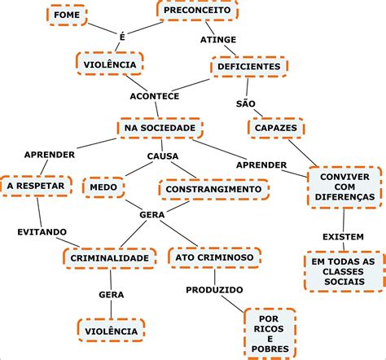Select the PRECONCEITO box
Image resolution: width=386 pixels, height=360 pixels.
coord(196,11)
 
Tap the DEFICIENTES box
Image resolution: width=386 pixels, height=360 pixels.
coord(249,67)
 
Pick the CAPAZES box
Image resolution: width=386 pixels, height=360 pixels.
coord(275,128)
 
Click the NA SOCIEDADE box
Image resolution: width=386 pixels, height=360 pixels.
coord(160,128)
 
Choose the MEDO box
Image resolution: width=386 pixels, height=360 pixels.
coord(103,187)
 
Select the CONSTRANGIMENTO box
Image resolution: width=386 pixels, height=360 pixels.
coord(214,189)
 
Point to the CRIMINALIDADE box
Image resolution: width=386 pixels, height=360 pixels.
coord(108,258)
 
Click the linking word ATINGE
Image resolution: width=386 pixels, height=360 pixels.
coord(218,39)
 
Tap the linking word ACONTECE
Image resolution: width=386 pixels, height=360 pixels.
coord(156,95)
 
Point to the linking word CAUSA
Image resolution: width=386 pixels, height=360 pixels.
coord(163,156)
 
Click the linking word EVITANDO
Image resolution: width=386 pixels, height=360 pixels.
coord(42,232)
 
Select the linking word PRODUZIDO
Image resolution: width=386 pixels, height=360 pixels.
coord(214,289)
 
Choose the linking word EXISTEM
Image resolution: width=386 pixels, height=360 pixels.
coord(343,236)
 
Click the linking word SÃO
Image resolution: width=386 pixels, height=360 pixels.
coord(246,103)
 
